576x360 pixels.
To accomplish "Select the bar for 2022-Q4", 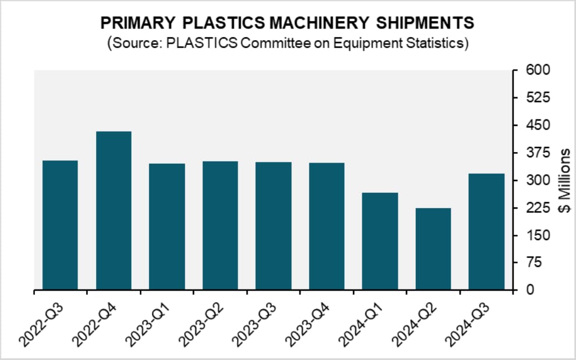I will [x=114, y=210].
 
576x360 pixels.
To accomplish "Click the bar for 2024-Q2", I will [x=433, y=249].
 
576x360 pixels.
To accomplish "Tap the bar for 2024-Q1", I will [x=380, y=241].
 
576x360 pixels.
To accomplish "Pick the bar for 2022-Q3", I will [x=60, y=225].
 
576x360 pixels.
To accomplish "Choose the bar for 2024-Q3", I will [x=486, y=231].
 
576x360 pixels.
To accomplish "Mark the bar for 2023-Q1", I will [x=167, y=227].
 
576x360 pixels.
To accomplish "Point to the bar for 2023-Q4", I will [x=327, y=226].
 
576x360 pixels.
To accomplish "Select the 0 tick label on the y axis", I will [x=523, y=290].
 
